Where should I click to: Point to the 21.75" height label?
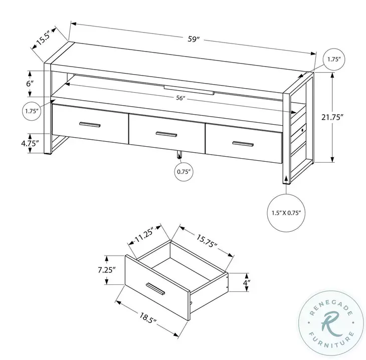point(346,117)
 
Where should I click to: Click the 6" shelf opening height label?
point(30,83)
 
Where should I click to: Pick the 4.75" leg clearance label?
point(30,144)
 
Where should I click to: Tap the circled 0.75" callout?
point(183,172)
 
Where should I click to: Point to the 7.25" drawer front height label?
point(106,269)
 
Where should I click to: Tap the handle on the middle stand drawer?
point(166,134)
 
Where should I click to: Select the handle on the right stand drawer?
point(243,144)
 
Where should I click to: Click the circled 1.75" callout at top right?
point(333,60)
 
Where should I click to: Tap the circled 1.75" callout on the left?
point(31,112)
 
